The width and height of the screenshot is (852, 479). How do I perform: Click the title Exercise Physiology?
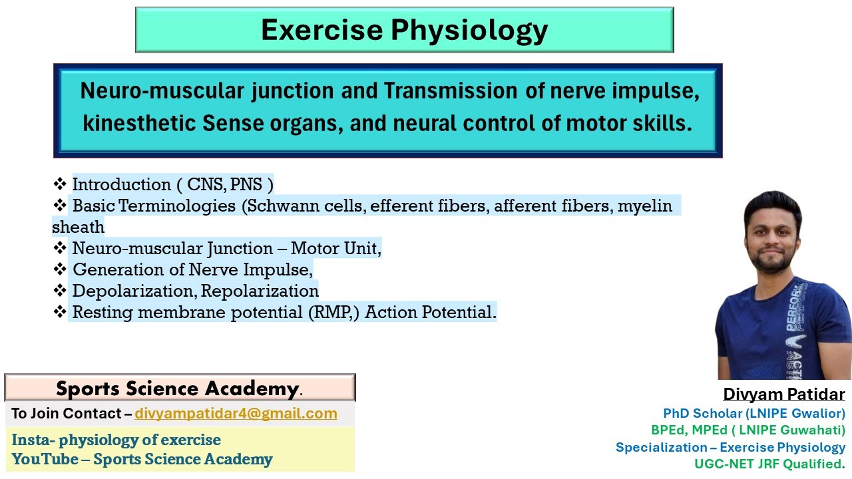click(x=404, y=30)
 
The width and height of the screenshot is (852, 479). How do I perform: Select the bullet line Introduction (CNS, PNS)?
click(x=172, y=184)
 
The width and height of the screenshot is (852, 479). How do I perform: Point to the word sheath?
click(x=79, y=227)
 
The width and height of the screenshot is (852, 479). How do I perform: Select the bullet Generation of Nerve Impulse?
click(x=192, y=269)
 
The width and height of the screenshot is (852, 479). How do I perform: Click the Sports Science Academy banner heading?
click(x=178, y=389)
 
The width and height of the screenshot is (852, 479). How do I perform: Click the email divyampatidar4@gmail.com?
click(x=236, y=414)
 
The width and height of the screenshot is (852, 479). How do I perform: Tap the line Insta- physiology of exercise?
click(x=116, y=440)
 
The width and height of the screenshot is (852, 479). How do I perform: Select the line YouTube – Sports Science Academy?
click(x=142, y=459)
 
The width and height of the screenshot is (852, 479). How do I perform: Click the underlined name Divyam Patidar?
click(x=783, y=394)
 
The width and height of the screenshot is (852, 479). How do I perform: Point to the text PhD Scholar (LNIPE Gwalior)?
click(x=753, y=413)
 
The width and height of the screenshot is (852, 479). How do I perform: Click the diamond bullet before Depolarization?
click(x=60, y=291)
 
